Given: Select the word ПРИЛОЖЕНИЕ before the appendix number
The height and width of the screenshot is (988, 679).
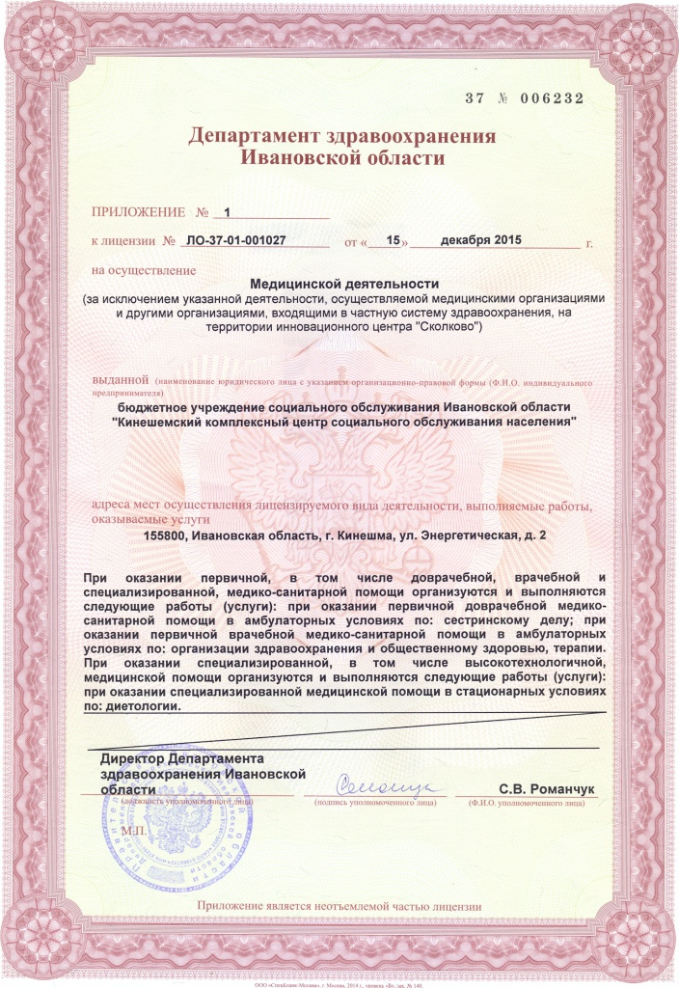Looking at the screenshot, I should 138,210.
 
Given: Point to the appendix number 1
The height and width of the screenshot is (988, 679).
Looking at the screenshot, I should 228,210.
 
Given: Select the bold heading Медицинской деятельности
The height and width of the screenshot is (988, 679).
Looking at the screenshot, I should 344,284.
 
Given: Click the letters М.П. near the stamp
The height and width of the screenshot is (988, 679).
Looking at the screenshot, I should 132,830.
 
